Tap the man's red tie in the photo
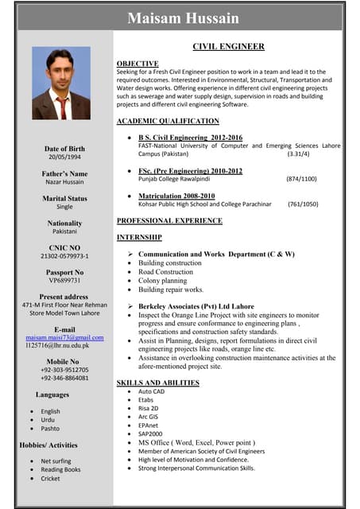pos(62,107)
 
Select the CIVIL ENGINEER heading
pos(228,47)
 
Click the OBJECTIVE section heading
pos(137,63)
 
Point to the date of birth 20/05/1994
pos(64,157)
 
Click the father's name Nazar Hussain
pos(64,182)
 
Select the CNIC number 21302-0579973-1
pos(64,256)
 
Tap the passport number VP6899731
pos(64,281)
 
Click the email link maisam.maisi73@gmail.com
pos(64,338)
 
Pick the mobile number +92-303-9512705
pos(64,370)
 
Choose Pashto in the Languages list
pos(50,429)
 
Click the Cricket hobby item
pos(50,479)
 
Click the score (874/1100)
pos(301,179)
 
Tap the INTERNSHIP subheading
pos(139,237)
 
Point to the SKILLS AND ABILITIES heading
pos(157,383)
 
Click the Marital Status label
pos(64,198)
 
